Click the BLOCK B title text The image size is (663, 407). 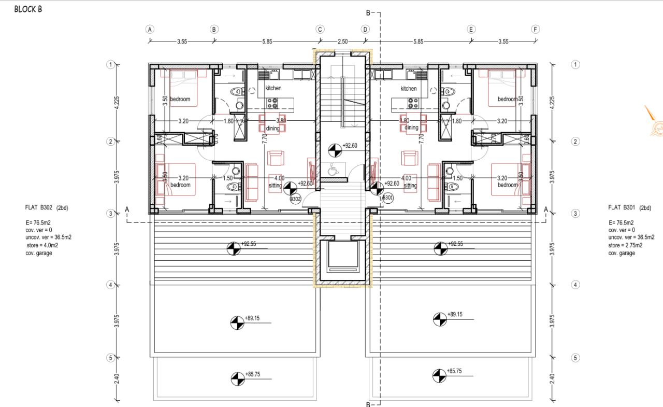click(28, 9)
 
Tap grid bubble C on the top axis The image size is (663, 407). click(320, 30)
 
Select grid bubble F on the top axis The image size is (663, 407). click(536, 30)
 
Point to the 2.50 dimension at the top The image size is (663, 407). click(342, 41)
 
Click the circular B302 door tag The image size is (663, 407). click(295, 199)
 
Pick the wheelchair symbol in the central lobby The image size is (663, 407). click(333, 168)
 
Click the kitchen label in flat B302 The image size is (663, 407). click(273, 88)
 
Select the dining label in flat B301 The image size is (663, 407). click(411, 128)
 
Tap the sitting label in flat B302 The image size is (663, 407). click(275, 185)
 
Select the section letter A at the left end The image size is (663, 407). click(127, 209)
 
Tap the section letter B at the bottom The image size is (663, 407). click(368, 404)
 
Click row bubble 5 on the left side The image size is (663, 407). click(110, 358)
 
